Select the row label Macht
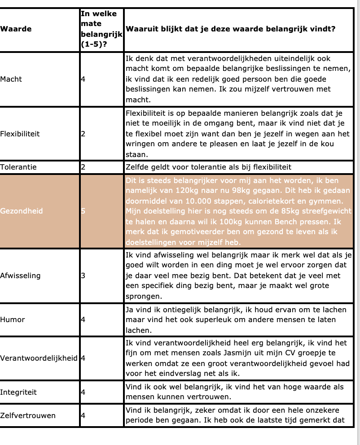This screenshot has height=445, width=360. (11, 79)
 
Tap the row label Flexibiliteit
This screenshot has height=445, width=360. (20, 133)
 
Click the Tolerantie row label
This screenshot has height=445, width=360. (18, 167)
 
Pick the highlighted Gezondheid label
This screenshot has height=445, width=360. (22, 210)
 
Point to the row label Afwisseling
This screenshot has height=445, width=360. (20, 275)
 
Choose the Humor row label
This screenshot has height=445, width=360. (13, 319)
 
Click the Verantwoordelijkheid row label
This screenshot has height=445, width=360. (39, 358)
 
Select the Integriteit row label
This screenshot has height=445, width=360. (18, 392)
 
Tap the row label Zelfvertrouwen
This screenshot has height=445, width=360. (28, 415)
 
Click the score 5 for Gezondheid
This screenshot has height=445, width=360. (83, 210)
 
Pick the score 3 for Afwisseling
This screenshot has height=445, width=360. (83, 275)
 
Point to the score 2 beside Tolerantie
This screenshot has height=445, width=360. (83, 167)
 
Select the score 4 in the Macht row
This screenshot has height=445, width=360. (83, 79)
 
